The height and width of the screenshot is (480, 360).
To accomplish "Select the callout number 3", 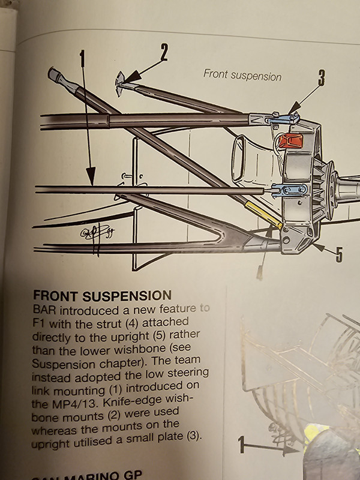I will click(321, 78).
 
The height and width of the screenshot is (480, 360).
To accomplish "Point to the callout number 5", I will click(339, 255).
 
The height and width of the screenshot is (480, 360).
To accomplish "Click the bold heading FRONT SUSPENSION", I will click(102, 296).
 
